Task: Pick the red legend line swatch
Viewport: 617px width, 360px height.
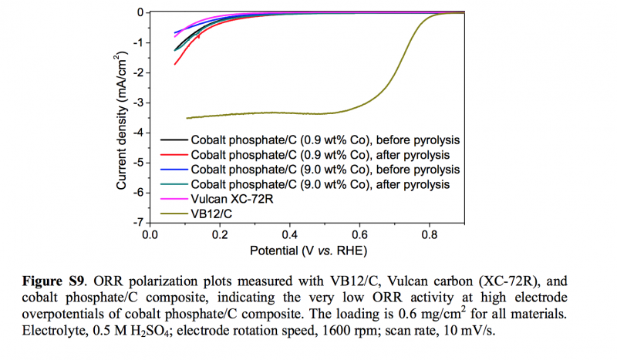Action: tap(173, 155)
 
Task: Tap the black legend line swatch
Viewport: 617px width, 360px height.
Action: tap(173, 141)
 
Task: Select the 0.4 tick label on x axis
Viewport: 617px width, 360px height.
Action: tap(290, 234)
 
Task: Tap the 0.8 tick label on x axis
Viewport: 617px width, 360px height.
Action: tap(430, 234)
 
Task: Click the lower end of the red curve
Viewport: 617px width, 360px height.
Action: tap(175, 63)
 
